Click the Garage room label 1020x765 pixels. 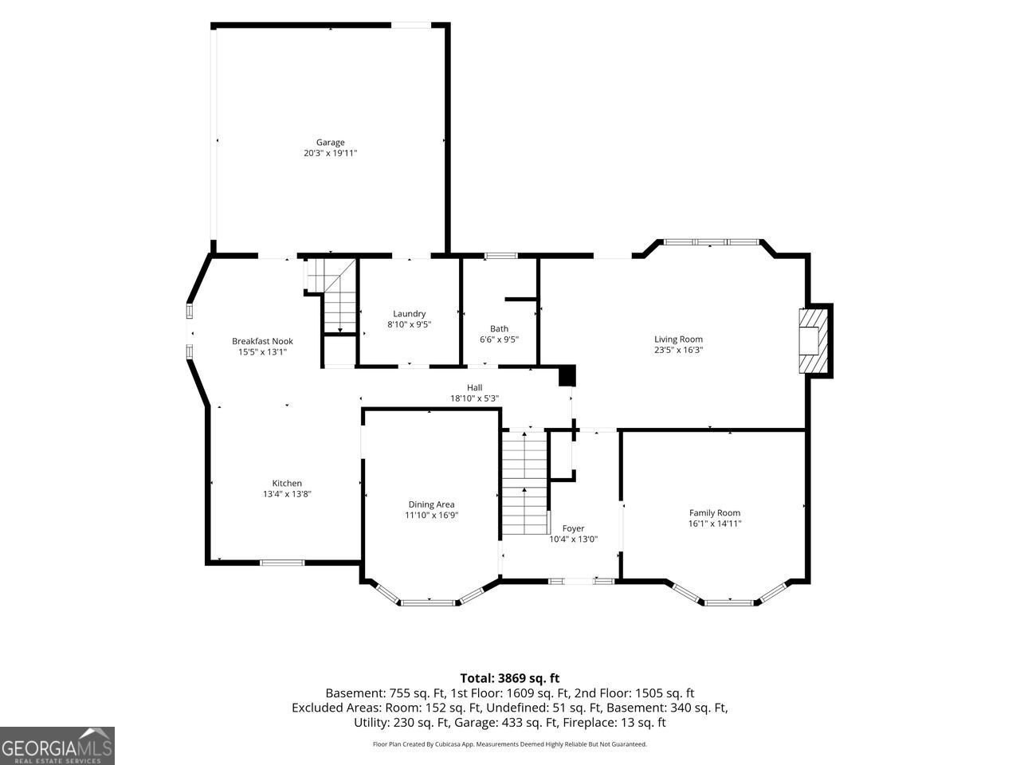331,142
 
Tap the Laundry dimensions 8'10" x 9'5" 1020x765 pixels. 410,324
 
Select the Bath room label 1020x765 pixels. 499,328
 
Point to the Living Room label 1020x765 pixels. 678,339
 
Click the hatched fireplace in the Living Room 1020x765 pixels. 814,340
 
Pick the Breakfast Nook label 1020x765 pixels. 262,341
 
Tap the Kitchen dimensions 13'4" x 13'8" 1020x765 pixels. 287,494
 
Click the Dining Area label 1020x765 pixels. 432,504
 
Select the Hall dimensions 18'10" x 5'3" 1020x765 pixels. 474,398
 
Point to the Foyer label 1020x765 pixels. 574,528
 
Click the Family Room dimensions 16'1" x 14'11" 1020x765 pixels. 715,524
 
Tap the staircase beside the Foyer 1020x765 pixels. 524,483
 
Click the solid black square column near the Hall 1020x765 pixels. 567,376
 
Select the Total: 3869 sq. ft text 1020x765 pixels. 510,679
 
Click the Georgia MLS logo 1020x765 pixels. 57,746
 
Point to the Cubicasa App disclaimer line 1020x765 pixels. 510,744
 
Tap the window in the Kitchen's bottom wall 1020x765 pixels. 282,563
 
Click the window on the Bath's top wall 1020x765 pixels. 501,256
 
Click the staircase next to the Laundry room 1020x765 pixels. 332,296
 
